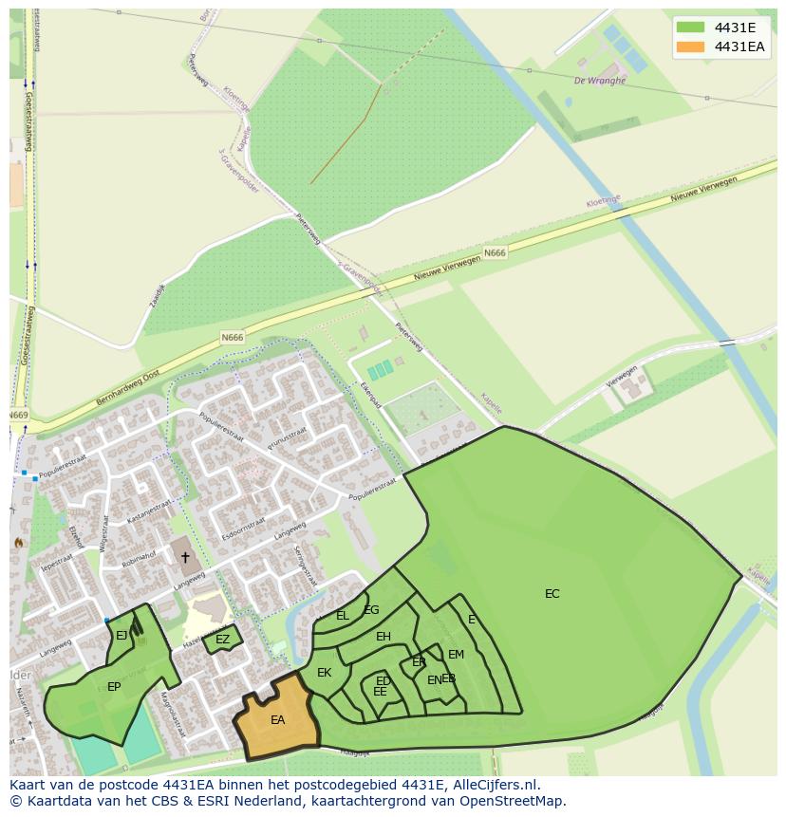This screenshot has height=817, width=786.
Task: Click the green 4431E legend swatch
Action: click(x=690, y=28)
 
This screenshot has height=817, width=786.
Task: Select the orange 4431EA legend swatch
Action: click(x=690, y=46)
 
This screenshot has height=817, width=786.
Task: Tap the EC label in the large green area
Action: click(x=552, y=594)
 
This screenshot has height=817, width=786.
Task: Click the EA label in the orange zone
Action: click(x=277, y=720)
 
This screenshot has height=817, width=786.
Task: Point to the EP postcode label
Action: click(x=114, y=687)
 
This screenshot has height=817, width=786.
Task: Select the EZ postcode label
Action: click(x=222, y=640)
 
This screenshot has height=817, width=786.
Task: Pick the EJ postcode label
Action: click(x=122, y=636)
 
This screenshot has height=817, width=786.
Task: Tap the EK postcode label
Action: click(x=324, y=673)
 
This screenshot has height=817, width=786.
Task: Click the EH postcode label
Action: click(x=383, y=637)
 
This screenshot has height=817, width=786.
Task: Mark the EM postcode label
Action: click(x=456, y=655)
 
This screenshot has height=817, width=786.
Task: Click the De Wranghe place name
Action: click(x=600, y=81)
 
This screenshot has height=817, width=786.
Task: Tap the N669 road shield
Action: click(x=18, y=416)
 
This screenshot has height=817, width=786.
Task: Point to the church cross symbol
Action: click(x=185, y=557)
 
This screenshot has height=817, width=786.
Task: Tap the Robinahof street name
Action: click(x=138, y=556)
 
